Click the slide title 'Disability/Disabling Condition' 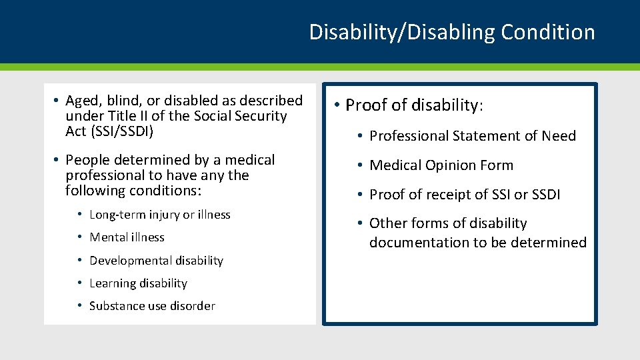coord(451,32)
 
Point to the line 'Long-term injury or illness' coord(159,215)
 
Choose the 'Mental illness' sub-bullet coord(127,237)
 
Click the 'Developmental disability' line coord(156,261)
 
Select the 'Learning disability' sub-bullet coord(138,283)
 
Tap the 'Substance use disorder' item coord(152,306)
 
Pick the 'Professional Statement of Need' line coord(472,136)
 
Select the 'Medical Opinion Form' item coord(441,165)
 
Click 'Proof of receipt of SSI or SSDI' coord(465,195)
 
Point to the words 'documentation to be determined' coord(477,243)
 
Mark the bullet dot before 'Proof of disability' coord(338,105)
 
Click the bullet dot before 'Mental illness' coord(79,237)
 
